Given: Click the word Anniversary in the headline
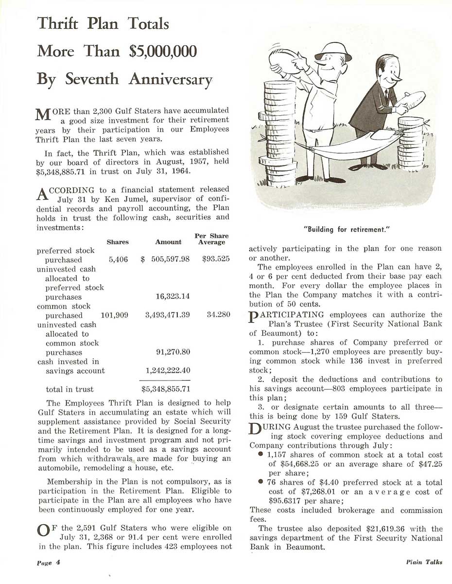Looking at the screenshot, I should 170,79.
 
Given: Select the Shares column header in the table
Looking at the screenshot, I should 118,242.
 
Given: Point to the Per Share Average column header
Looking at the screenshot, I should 211,239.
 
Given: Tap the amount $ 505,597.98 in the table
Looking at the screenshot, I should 165,260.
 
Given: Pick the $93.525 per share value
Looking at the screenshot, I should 216,260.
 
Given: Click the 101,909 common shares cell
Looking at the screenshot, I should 114,315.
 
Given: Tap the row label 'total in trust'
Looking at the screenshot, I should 70,389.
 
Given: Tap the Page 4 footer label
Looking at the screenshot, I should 48,562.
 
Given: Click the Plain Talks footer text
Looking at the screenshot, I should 424,562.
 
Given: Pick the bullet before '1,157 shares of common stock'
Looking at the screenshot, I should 261,454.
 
